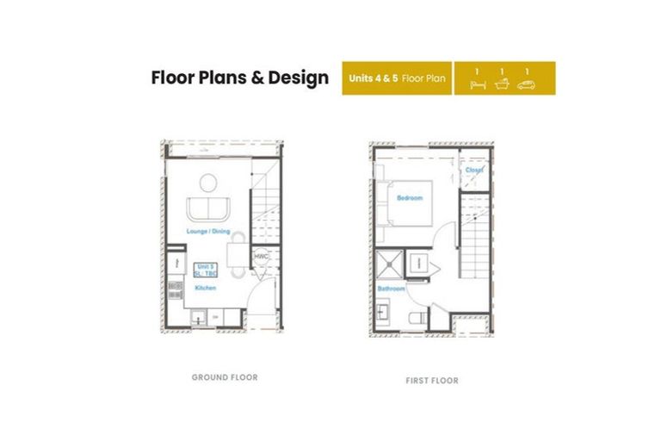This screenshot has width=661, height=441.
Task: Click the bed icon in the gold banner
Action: [x=479, y=84]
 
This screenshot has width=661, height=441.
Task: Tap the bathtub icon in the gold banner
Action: [x=503, y=84]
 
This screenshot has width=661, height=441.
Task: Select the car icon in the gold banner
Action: [x=528, y=84]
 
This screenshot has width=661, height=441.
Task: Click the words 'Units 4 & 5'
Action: [x=373, y=78]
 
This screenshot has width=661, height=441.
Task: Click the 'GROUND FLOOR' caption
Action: [x=225, y=377]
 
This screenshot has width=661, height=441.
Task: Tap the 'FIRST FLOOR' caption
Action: [x=432, y=380]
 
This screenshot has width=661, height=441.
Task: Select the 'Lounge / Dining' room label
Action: [x=207, y=232]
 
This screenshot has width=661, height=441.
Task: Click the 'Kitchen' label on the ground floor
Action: [x=205, y=288]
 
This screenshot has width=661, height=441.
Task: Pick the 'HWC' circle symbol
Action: [x=261, y=257]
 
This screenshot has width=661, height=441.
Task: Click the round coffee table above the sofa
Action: [x=208, y=183]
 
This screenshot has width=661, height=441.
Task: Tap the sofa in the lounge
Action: [x=208, y=208]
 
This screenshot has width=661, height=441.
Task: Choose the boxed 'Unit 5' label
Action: [x=205, y=270]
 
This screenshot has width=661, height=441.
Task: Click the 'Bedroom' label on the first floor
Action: [x=410, y=199]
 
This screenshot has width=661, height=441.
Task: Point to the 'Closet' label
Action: [x=474, y=171]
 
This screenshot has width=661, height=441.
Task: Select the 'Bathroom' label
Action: [x=391, y=289]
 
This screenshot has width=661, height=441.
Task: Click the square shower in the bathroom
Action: [x=392, y=264]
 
